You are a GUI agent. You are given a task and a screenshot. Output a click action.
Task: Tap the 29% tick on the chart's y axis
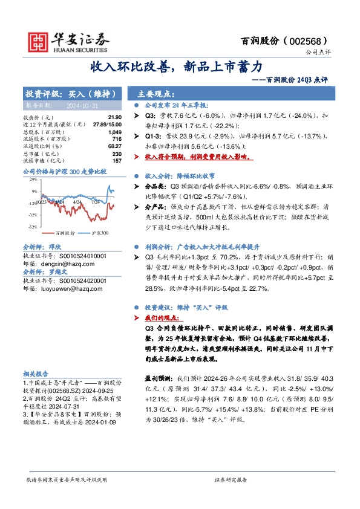(33, 180)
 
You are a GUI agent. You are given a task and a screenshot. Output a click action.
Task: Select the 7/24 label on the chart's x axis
(94, 202)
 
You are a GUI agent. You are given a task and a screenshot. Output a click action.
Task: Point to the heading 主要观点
(155, 94)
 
